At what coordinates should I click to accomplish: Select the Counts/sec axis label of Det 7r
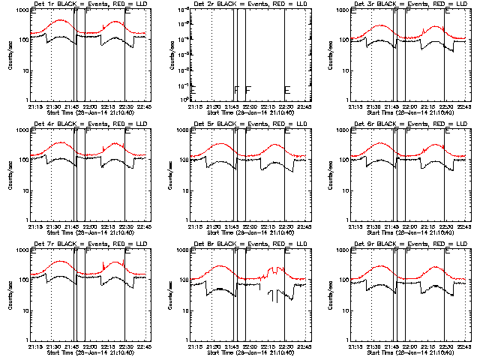[x=10, y=295]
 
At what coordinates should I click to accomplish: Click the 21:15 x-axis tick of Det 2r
[x=194, y=106]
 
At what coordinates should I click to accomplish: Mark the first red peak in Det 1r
[x=62, y=20]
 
